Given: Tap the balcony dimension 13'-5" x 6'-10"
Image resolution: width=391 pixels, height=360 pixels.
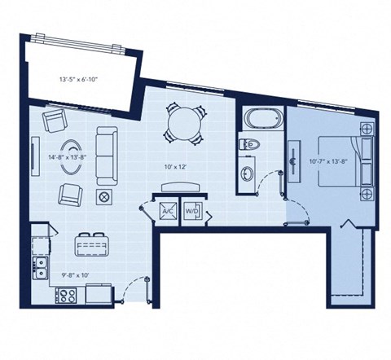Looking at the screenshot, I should [79, 80].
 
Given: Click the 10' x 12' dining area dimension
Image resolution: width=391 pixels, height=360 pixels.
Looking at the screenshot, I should [176, 165].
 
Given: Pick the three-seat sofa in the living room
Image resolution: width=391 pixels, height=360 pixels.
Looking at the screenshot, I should [104, 155].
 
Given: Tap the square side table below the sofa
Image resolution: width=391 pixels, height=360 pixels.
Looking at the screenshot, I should [103, 196].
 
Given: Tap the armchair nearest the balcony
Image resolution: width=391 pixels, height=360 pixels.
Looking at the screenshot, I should [55, 122].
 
